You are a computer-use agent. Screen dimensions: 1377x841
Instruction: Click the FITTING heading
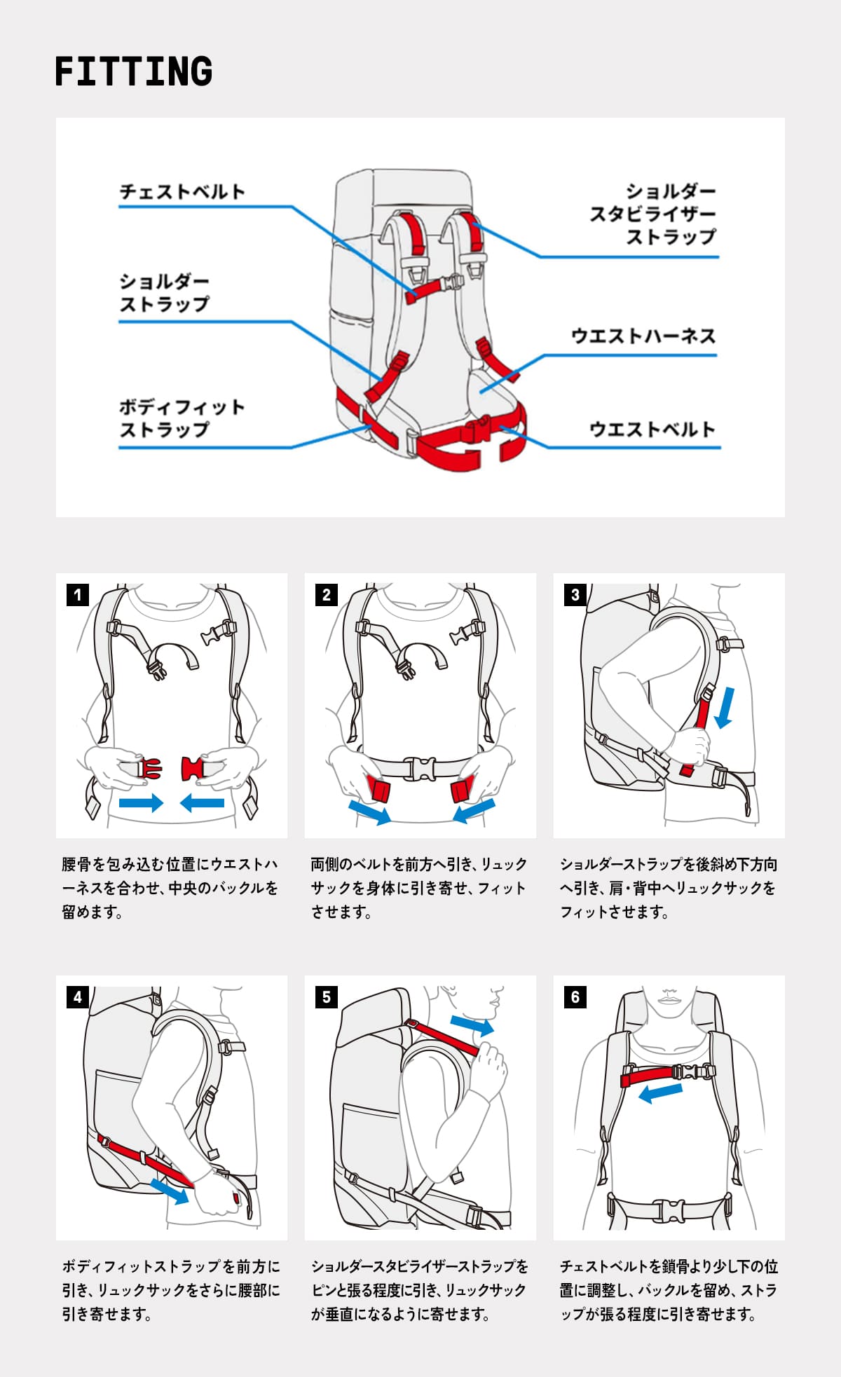(133, 71)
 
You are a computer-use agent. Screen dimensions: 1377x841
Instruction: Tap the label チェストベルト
(182, 191)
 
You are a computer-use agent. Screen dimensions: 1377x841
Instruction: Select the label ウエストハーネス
(643, 336)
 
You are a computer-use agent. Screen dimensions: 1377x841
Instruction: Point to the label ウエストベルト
(652, 429)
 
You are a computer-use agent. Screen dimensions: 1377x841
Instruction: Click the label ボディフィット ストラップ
(182, 418)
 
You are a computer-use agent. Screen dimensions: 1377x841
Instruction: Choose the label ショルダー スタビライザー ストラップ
(652, 214)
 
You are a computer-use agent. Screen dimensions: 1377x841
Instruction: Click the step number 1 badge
(77, 595)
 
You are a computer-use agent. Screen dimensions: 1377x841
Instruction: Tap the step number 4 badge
(77, 997)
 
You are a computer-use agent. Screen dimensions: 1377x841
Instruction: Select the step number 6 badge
(575, 997)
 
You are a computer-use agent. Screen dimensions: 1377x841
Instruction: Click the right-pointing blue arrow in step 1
(141, 802)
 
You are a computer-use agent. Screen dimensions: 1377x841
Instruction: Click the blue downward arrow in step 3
(725, 706)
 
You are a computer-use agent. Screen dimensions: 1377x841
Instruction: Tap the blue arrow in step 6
(660, 1092)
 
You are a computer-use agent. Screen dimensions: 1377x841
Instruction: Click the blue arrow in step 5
(472, 1025)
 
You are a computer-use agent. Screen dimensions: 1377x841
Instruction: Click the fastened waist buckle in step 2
(420, 768)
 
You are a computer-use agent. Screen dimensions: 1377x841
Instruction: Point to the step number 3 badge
(575, 595)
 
